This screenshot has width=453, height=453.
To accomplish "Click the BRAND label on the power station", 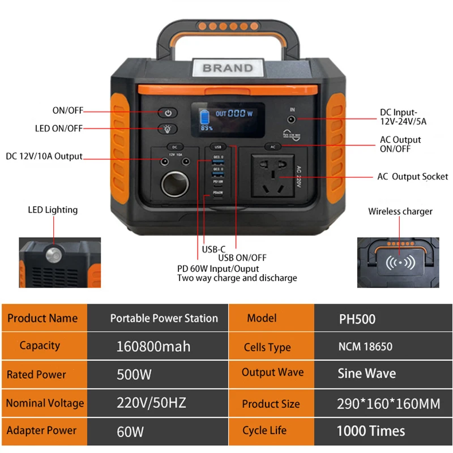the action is pyautogui.click(x=228, y=68).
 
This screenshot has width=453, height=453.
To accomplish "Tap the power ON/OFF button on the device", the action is pyautogui.click(x=168, y=113).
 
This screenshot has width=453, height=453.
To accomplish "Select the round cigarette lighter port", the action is pyautogui.click(x=174, y=185).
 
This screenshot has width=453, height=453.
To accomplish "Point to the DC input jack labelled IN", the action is pyautogui.click(x=292, y=119).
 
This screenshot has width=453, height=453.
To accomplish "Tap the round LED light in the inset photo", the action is pyautogui.click(x=53, y=254).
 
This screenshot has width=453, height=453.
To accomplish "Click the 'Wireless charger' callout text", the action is pyautogui.click(x=400, y=212).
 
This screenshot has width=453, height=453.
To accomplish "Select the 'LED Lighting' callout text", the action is pyautogui.click(x=53, y=210).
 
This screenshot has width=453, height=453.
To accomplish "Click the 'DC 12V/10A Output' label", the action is pyautogui.click(x=44, y=156).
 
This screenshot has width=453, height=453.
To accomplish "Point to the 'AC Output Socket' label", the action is pyautogui.click(x=412, y=177).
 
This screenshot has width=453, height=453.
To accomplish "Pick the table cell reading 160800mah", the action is pyautogui.click(x=153, y=346).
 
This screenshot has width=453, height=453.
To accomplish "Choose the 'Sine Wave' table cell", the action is pyautogui.click(x=366, y=374).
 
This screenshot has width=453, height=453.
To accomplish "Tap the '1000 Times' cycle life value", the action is pyautogui.click(x=370, y=431).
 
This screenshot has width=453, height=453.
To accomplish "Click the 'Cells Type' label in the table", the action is pyautogui.click(x=267, y=347).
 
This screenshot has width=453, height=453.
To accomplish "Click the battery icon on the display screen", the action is pyautogui.click(x=203, y=119).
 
